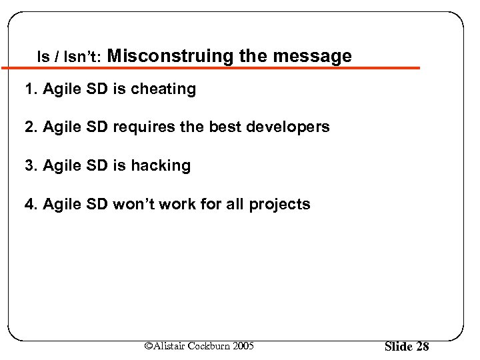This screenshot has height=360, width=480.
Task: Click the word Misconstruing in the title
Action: coord(170,57)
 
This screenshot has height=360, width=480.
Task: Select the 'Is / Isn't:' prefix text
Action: coord(69,58)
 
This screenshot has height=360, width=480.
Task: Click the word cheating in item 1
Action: coord(165,89)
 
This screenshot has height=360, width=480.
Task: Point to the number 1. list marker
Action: coord(31,89)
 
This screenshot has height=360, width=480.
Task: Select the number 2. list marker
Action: coord(31,127)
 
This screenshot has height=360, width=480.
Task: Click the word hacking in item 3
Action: coord(163,166)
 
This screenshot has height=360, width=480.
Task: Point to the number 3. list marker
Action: coord(31,166)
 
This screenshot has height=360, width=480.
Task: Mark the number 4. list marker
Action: coord(31,204)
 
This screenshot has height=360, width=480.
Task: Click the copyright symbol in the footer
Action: coord(149,345)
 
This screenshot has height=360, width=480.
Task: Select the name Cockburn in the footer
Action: coord(209,345)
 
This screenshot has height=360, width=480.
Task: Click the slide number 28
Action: coord(422,347)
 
